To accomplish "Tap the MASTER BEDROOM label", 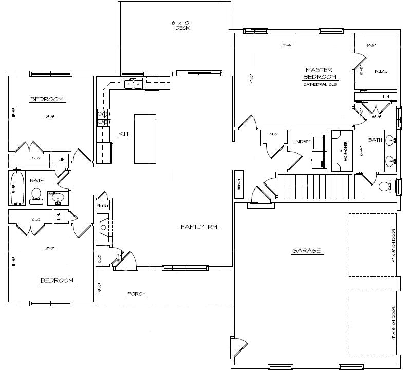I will point(319,73).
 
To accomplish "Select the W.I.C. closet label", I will point(380,71).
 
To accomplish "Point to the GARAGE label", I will point(306,251).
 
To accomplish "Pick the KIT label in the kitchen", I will point(124,133).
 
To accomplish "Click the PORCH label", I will point(137,294).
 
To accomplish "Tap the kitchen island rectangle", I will point(145,139).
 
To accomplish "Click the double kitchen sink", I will point(134,83).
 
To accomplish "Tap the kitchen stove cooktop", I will point(102,118).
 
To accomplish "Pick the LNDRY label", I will point(302,142).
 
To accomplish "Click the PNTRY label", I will point(103,206).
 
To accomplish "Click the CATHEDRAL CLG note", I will point(319,84).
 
